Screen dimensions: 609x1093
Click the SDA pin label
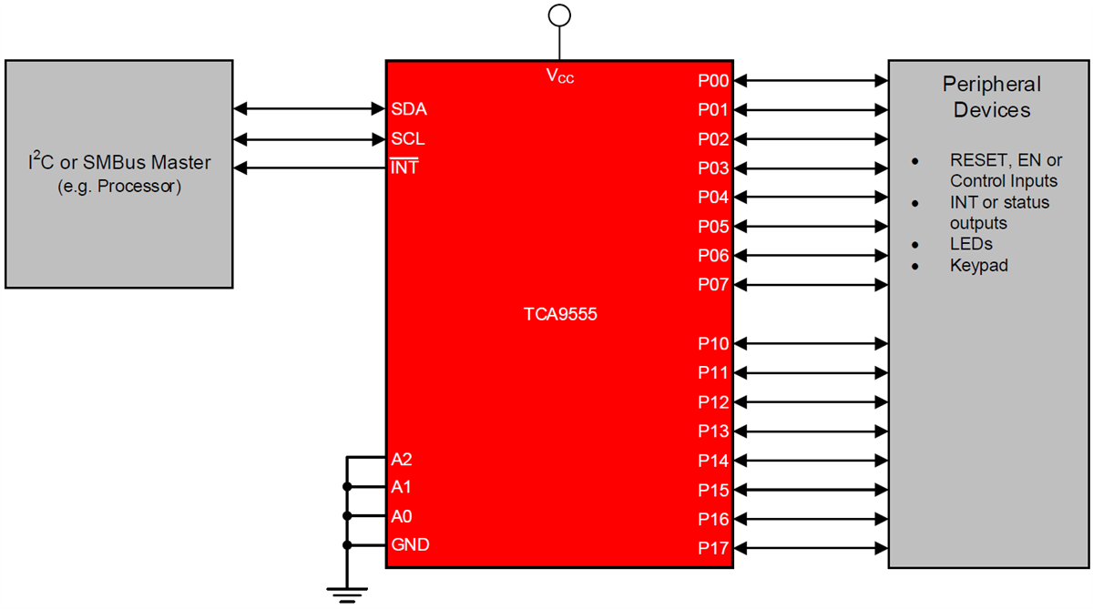pos(408,109)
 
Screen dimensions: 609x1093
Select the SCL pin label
pos(407,139)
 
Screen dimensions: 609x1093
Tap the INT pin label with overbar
pos(404,168)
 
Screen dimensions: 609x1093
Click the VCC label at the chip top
pos(560,76)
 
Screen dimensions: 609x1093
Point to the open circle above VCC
pos(559,15)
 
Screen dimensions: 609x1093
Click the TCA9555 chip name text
pos(559,315)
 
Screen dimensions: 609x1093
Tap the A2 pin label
pos(401,459)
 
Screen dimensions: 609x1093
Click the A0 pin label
pos(401,516)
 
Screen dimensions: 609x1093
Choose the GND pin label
pos(410,545)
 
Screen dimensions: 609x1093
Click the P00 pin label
pos(713,81)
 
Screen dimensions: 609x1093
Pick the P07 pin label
pos(713,285)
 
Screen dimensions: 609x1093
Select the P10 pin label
pos(713,344)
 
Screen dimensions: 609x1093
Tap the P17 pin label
pos(713,548)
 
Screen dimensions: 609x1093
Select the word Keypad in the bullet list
pos(978,267)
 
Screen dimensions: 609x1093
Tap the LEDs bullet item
pos(971,244)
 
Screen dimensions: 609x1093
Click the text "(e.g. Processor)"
pos(118,188)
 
